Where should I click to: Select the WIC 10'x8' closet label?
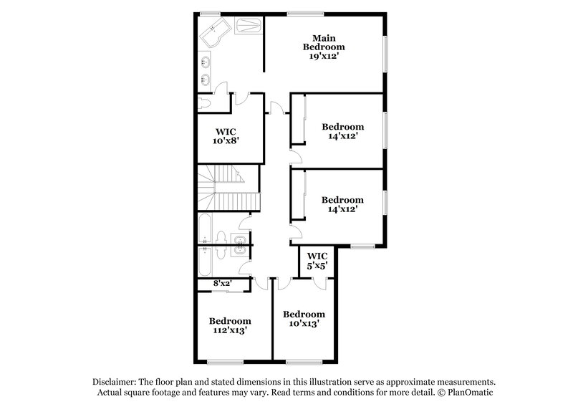(226, 136)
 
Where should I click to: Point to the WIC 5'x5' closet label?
(317, 261)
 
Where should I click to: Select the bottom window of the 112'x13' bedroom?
(225, 360)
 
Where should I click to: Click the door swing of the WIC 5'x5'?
(320, 282)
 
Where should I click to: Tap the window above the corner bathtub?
(210, 13)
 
